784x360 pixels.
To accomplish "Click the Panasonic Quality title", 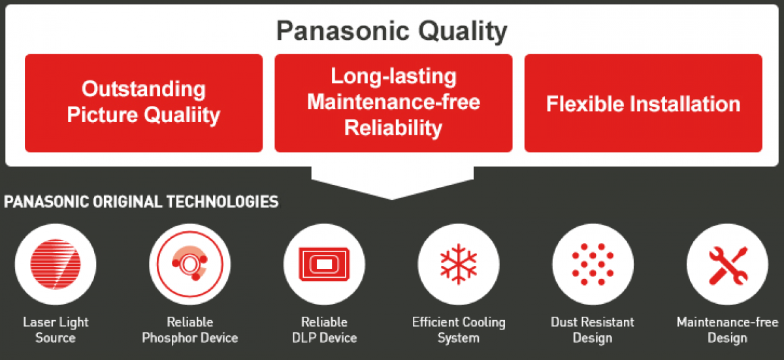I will click(391, 31).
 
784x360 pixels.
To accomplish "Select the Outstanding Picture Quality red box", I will click(144, 103).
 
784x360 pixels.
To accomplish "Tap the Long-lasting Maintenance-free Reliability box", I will click(393, 103).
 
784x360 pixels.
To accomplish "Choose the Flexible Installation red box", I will click(643, 103).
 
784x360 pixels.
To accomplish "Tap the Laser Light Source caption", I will click(56, 330).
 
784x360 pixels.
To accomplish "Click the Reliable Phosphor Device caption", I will click(190, 330).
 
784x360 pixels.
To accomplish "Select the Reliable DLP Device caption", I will click(324, 330).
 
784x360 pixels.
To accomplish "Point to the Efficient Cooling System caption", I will click(459, 330).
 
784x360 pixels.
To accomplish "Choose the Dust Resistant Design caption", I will click(593, 330).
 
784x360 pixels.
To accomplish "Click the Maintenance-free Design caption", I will click(727, 330).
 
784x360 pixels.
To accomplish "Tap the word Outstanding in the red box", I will click(144, 89).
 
